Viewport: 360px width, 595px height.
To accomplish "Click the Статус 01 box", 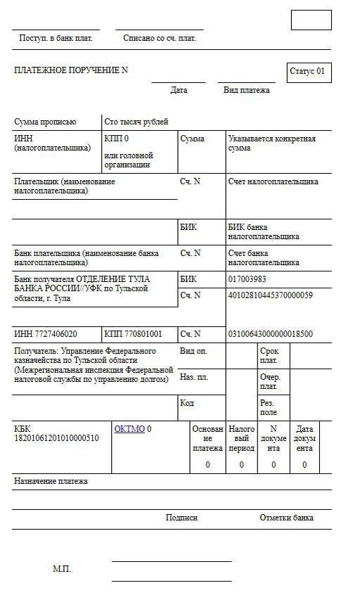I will point(309,72).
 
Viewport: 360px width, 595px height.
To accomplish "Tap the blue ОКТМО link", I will point(129,428).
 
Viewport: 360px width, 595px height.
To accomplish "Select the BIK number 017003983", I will point(247,279).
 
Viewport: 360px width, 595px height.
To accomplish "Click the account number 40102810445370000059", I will point(270,295).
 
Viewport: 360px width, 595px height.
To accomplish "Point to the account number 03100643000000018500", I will point(270,333).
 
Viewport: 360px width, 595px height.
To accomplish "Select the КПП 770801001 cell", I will point(133,333).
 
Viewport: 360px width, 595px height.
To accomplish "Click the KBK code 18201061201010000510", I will point(56,437).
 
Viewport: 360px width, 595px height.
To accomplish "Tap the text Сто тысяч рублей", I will point(136,122).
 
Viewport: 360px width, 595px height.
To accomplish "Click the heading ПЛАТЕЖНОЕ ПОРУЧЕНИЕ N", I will point(71,70).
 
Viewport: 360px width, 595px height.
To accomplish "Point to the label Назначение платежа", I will point(51,482).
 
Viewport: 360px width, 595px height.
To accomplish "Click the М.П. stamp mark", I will point(62,568).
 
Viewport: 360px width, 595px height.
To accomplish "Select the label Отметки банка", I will point(286,518).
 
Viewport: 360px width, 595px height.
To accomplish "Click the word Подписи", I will point(181,518).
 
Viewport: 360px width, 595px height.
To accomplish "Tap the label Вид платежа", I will point(246,90).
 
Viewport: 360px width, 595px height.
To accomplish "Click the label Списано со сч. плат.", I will point(160,38).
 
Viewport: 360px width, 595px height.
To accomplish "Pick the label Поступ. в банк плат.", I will point(56,38).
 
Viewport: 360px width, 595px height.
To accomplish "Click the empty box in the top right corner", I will point(311,20).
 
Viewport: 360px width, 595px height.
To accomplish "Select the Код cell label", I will point(187,403).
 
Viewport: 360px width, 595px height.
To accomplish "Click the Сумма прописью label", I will point(45,122).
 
